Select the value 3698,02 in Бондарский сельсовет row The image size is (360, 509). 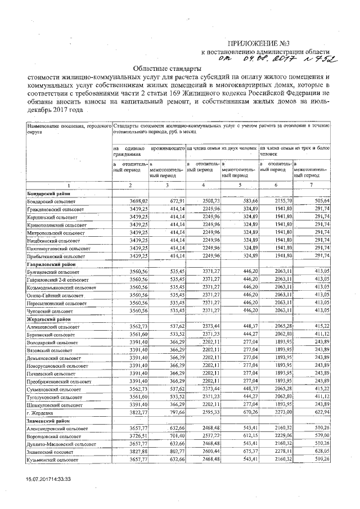[138, 201]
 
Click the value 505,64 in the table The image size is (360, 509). [319, 201]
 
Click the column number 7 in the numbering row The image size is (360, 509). [311, 185]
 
